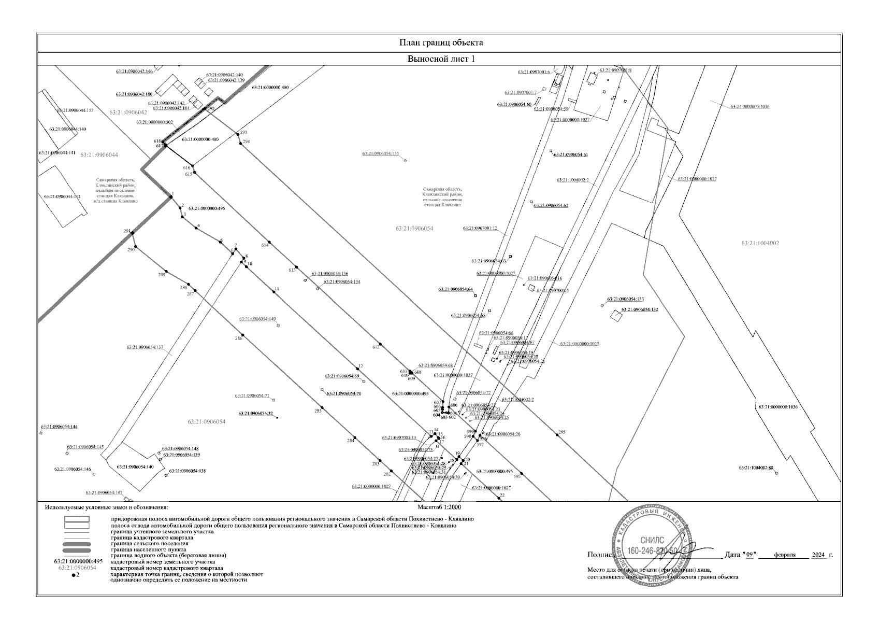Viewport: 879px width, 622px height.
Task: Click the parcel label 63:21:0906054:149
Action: [257, 319]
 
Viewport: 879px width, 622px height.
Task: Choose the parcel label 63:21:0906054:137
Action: [145, 347]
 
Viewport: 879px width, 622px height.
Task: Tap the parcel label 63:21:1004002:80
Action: [756, 468]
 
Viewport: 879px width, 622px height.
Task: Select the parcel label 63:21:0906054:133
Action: [625, 299]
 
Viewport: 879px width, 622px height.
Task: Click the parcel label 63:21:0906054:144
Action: [59, 427]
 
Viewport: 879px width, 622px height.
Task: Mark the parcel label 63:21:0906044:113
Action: [62, 196]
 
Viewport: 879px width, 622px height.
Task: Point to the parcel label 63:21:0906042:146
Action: [134, 71]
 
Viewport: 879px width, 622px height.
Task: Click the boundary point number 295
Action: [561, 432]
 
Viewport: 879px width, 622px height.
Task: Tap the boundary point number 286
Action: [238, 338]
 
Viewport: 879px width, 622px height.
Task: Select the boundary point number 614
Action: [265, 245]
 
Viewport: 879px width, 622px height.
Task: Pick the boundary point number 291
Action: [126, 231]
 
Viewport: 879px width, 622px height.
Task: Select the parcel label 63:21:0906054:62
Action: [551, 205]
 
